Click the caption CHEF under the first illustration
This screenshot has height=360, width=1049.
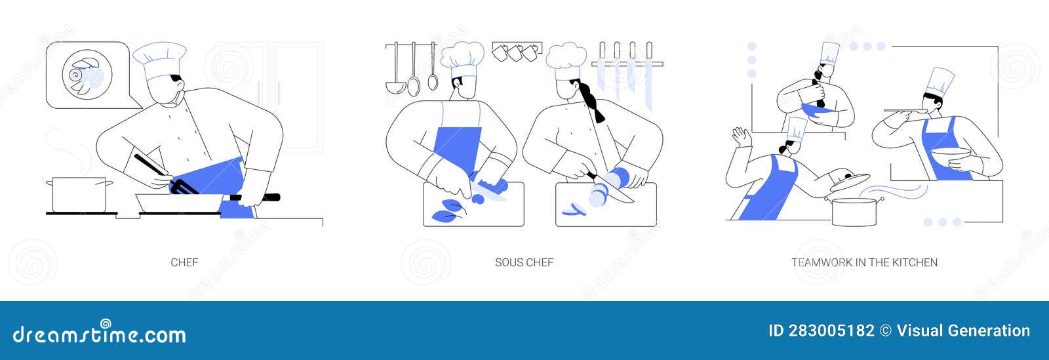coord(184,262)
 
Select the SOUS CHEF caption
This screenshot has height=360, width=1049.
coord(524,262)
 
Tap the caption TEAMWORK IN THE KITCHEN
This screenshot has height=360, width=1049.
coord(864,262)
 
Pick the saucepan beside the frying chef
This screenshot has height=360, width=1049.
coord(75,194)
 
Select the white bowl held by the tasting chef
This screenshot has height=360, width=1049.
coord(951,158)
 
